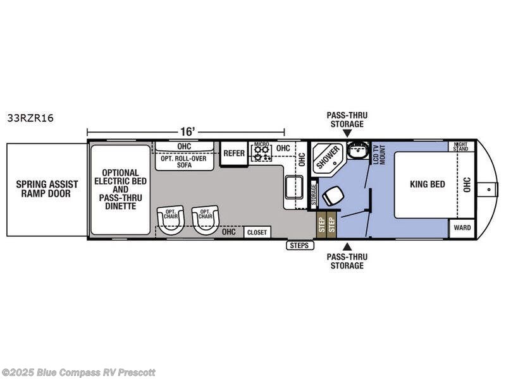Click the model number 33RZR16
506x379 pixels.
30,118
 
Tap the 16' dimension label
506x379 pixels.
188,131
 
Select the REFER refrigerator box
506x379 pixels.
234,153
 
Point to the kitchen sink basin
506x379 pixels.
293,187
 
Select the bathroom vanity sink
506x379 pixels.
358,150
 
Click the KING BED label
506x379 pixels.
428,184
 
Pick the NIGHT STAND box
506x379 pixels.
461,147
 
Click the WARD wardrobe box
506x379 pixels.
462,228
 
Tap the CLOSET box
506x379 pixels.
257,232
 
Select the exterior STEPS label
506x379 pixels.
299,246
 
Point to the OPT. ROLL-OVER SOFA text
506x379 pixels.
183,162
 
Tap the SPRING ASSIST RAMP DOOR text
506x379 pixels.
47,189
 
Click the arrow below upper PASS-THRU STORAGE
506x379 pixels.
347,133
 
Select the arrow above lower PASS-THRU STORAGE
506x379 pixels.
347,247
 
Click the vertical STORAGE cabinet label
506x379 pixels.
314,195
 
